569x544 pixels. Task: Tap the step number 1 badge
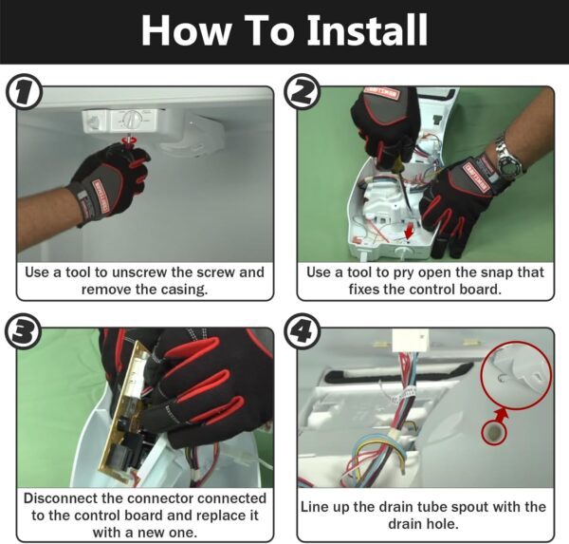tap(24, 93)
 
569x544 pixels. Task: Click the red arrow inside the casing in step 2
tap(410, 232)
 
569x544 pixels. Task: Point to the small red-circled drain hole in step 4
tap(493, 433)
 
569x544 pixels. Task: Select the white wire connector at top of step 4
tap(410, 340)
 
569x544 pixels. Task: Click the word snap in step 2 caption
tap(496, 273)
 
